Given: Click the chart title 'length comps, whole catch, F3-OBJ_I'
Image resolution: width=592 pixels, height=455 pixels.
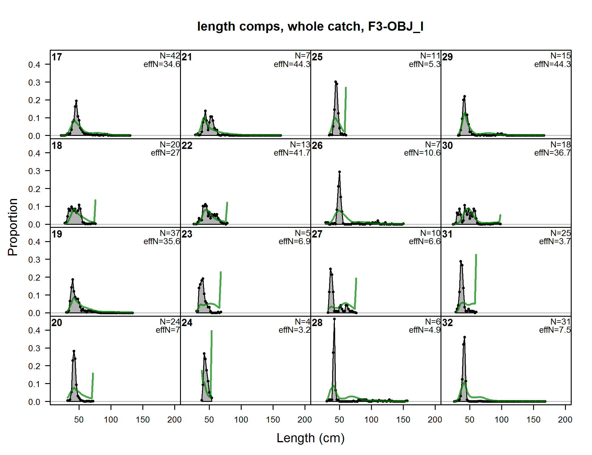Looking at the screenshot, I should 310,27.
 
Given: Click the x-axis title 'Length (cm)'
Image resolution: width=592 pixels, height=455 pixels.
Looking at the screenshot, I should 310,438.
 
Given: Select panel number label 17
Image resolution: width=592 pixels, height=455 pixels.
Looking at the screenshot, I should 57,57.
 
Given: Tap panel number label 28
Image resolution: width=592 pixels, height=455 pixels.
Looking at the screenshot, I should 317,323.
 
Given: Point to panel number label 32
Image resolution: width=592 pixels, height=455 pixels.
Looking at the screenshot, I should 447,323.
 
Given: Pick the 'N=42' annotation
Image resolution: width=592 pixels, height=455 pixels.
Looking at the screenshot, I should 170,56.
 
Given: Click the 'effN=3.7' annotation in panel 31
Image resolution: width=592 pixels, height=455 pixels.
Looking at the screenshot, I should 555,241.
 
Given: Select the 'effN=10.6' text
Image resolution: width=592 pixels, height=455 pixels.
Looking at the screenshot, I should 422,153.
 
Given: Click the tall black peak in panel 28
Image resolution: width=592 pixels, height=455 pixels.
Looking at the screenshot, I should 334,319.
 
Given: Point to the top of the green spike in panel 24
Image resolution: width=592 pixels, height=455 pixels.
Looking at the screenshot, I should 212,331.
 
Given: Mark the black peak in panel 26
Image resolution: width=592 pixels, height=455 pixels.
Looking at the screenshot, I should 339,172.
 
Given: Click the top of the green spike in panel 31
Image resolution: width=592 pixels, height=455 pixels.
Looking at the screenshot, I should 476,255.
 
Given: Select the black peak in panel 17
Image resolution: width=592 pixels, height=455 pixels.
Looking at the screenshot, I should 76,101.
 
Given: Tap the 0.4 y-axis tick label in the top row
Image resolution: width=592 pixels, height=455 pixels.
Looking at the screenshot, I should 34,65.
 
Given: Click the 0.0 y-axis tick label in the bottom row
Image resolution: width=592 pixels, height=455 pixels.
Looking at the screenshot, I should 34,402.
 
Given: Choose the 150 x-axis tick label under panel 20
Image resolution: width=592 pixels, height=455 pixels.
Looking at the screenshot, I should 143,420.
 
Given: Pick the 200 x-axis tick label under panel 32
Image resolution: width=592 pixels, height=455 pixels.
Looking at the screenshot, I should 565,420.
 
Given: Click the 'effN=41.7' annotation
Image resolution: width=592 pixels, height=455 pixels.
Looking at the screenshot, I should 292,153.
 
